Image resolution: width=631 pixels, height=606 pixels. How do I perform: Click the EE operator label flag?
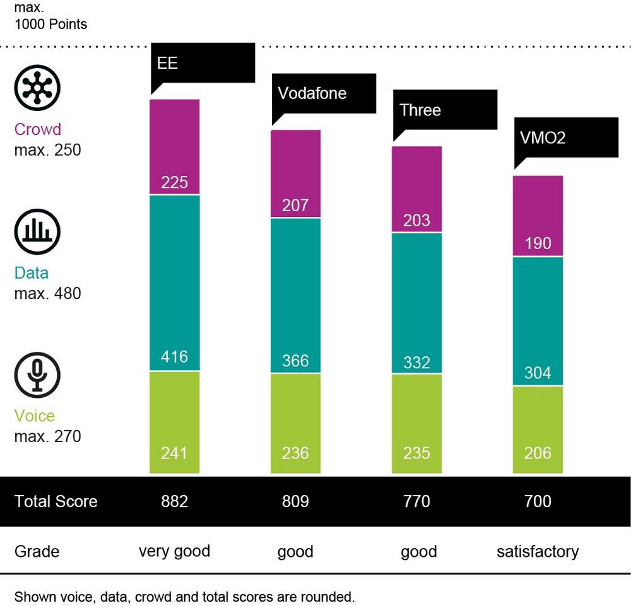point(202,64)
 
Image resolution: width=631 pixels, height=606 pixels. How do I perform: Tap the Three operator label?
point(444,110)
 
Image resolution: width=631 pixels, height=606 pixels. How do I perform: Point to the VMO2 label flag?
point(565,137)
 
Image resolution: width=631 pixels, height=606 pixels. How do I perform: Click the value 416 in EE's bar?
point(175,357)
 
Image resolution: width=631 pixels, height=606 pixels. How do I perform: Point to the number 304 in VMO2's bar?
point(538,373)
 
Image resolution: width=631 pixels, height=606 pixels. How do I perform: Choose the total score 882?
point(175,502)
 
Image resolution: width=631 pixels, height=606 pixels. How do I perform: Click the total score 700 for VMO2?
point(538,502)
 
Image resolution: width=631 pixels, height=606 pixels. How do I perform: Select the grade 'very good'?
point(175,551)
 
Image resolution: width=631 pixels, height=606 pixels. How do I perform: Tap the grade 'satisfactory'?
point(538,552)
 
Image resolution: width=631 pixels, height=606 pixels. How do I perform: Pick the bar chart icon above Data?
point(37,232)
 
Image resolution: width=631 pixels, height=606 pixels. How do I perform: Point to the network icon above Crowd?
point(37,88)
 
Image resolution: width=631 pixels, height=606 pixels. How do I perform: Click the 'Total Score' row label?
point(56,502)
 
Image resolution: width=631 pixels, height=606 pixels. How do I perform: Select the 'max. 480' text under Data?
point(47,293)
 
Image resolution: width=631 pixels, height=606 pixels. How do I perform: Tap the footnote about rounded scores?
point(185,597)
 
